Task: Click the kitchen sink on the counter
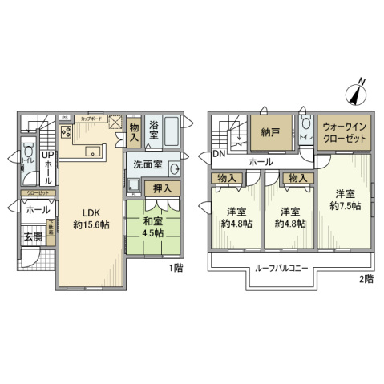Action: [90, 148]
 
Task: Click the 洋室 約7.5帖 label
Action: [345, 199]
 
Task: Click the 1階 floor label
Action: [175, 269]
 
